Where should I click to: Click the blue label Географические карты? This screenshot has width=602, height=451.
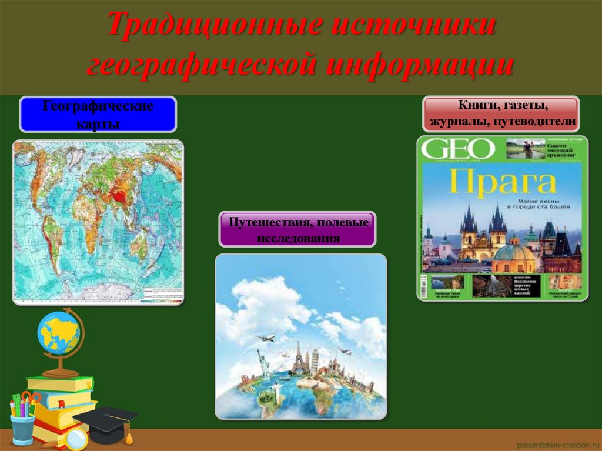tap(98, 115)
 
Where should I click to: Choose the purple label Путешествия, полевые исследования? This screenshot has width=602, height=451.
tap(297, 229)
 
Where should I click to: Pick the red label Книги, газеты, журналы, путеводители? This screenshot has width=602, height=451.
tap(501, 114)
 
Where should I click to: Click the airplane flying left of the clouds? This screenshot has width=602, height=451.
tap(266, 338)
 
